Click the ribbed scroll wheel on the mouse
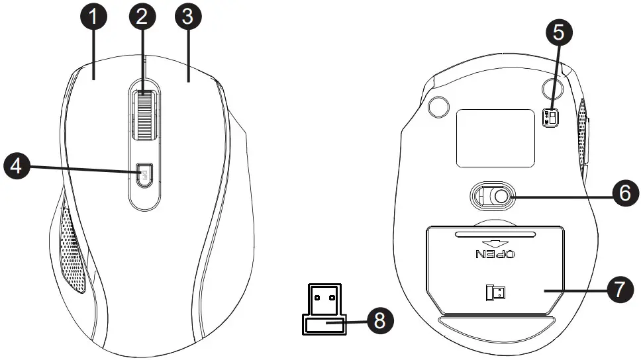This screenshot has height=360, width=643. (x=145, y=114)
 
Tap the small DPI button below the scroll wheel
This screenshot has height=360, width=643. (x=144, y=175)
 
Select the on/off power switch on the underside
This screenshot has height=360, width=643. (x=550, y=118)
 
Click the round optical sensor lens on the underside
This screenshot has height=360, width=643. (x=501, y=197)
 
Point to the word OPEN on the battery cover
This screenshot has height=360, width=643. (x=495, y=254)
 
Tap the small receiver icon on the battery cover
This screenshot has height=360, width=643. (x=495, y=292)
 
